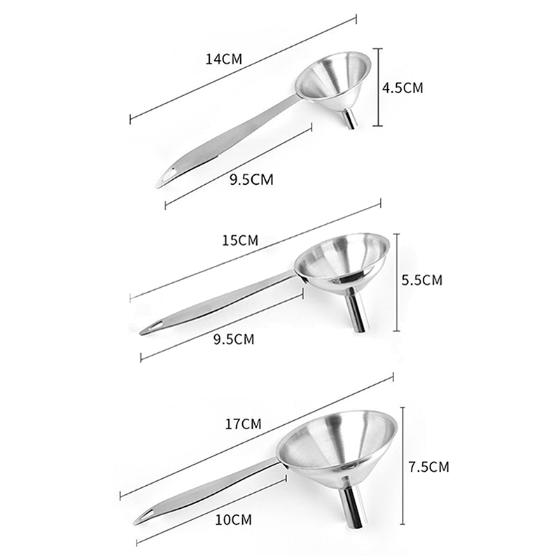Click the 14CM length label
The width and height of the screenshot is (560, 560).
click(x=224, y=59)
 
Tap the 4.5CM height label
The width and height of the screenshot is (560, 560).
click(x=402, y=88)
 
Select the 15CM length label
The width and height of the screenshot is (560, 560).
click(x=240, y=240)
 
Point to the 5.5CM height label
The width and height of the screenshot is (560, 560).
click(x=422, y=280)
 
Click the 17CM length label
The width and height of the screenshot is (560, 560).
click(x=243, y=424)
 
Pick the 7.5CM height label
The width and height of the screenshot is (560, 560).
click(x=429, y=467)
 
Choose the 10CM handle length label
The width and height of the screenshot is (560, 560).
click(x=234, y=519)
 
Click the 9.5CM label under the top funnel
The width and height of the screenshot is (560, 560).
click(x=251, y=179)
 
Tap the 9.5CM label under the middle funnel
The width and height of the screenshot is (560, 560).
click(x=234, y=339)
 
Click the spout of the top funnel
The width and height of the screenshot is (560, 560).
click(x=350, y=119)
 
